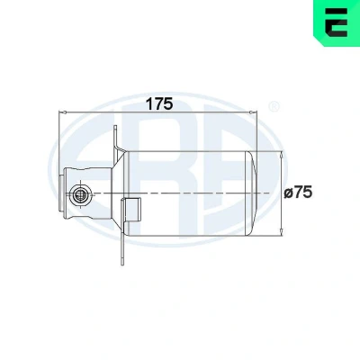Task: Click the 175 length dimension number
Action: pos(159,103)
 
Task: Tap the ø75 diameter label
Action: pos(298,192)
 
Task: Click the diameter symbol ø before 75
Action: pos(288,193)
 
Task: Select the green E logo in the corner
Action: pos(337,23)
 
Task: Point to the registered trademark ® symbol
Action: pos(274,106)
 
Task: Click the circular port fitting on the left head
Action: pos(80,195)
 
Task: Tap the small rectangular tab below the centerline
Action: pos(131,211)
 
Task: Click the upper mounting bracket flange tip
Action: pos(115,127)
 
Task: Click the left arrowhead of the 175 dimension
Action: pos(62,112)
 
